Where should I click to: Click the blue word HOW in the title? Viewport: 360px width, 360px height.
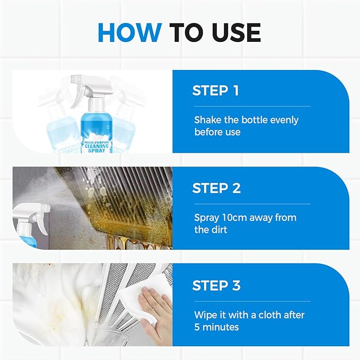coord(130,32)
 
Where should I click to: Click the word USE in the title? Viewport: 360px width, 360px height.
coord(232,32)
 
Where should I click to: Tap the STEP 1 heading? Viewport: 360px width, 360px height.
coord(215,91)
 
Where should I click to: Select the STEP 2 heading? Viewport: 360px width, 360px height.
coord(216,188)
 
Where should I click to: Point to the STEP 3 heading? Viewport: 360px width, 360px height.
coord(216,286)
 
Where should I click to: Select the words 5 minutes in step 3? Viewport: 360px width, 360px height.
coord(216,327)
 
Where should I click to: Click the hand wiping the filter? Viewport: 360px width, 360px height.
coord(156,310)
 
